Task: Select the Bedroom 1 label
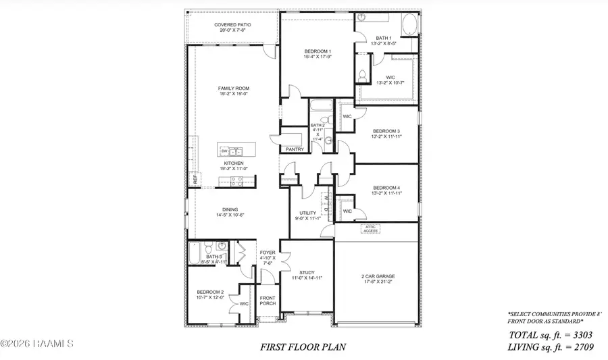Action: tap(317, 52)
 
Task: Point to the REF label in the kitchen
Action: tap(195, 180)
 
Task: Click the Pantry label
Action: tap(295, 149)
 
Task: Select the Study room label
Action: tap(307, 273)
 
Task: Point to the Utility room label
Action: tap(308, 213)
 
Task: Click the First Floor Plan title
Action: tap(303, 347)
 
